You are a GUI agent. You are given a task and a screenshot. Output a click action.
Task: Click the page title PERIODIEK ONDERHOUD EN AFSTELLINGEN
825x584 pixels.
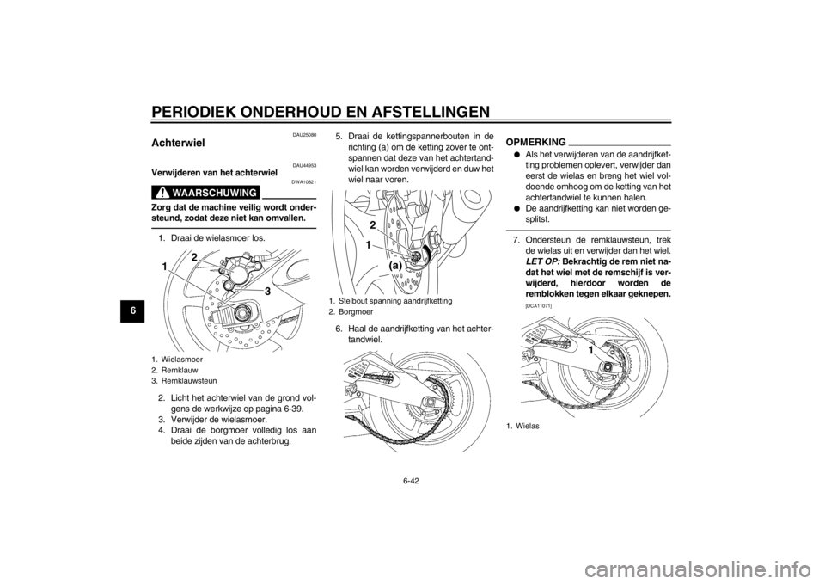click(321, 112)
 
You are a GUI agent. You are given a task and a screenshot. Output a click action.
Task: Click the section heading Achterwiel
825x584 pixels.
click(179, 143)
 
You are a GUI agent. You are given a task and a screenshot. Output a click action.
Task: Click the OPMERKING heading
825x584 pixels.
click(535, 142)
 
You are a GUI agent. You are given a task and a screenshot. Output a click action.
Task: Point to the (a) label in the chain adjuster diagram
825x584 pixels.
click(395, 267)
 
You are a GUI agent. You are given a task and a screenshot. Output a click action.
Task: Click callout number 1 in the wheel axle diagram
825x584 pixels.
click(591, 350)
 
